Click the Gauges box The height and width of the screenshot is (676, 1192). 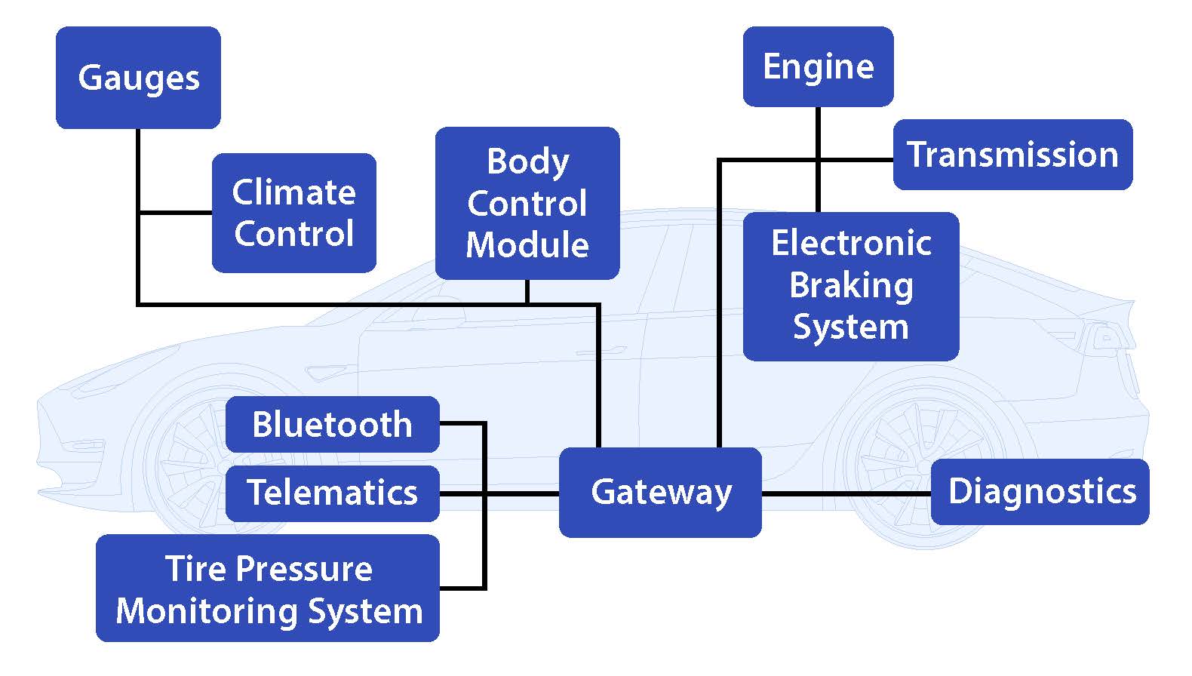click(x=138, y=78)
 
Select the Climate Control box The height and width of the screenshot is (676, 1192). click(x=293, y=213)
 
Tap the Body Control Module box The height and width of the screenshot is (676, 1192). click(x=527, y=203)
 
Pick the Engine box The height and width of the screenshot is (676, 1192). click(x=818, y=66)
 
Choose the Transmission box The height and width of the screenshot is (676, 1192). click(x=1012, y=155)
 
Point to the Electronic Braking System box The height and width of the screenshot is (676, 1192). click(x=850, y=286)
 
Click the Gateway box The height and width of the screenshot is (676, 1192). click(x=660, y=492)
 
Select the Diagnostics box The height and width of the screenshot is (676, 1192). click(x=1040, y=491)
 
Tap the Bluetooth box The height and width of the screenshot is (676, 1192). click(x=332, y=424)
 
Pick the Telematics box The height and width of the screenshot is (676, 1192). click(x=332, y=493)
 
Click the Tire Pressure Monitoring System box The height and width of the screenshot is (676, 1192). click(x=268, y=588)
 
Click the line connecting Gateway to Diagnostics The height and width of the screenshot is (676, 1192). click(x=846, y=494)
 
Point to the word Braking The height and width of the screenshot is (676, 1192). click(x=851, y=286)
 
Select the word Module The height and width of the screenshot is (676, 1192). click(x=527, y=245)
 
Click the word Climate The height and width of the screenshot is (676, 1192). click(x=293, y=192)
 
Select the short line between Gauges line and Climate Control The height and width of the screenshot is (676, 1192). click(x=175, y=213)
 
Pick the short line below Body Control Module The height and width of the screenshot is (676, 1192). click(x=527, y=292)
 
